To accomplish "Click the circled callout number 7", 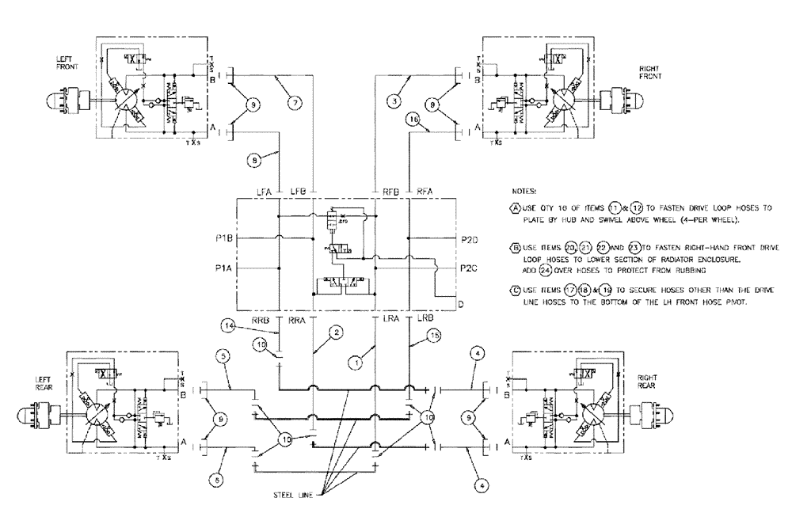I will [x=295, y=103].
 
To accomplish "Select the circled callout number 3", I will [x=392, y=100].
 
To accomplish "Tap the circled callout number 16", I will [x=411, y=119].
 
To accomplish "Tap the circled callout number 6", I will [x=215, y=479].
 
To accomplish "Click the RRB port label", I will [x=261, y=320].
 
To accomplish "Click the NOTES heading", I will [x=524, y=192].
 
